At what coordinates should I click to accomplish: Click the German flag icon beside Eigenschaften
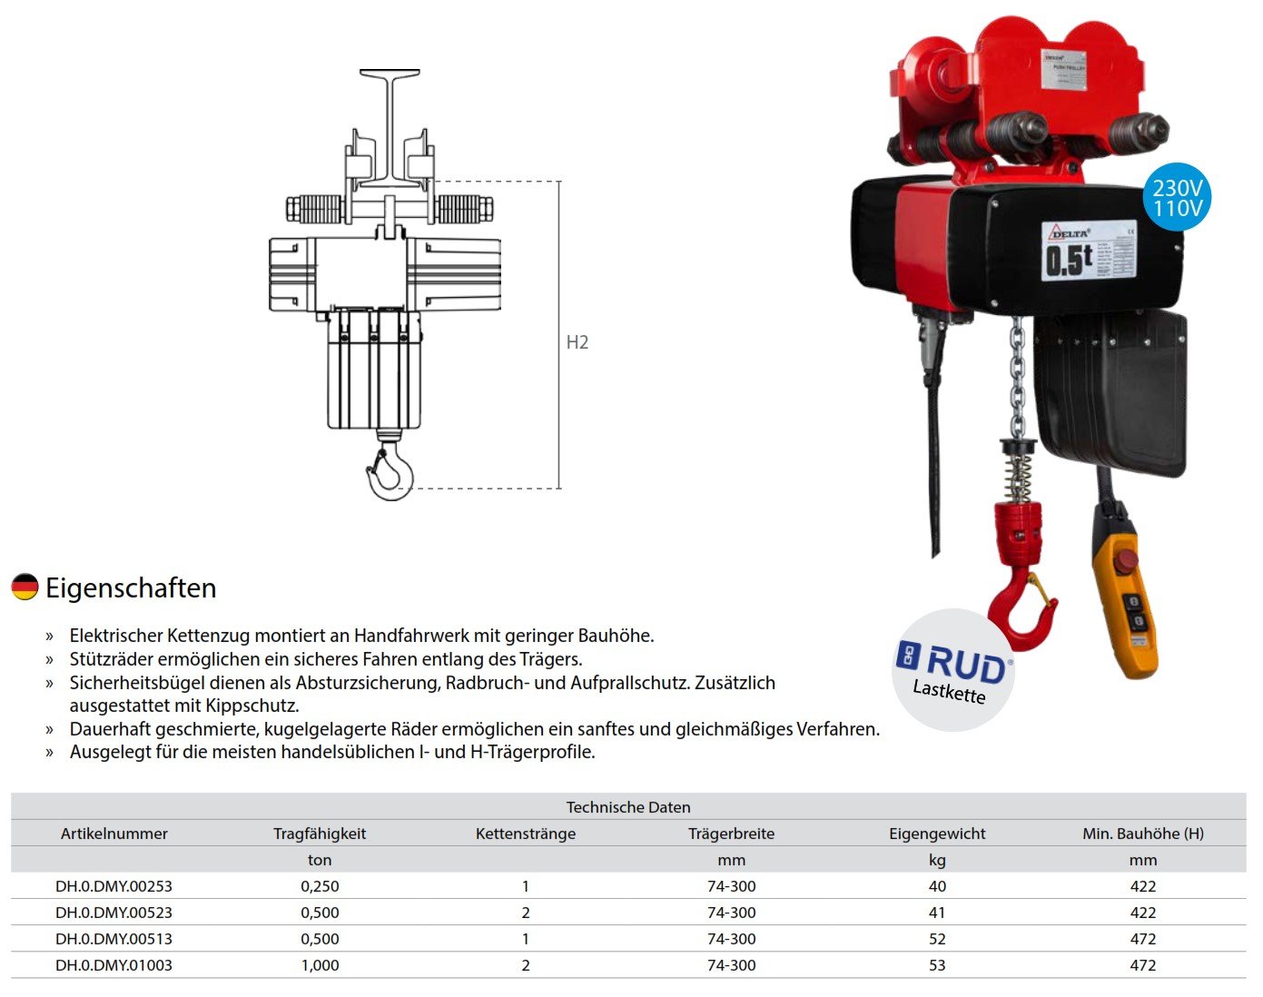point(25,587)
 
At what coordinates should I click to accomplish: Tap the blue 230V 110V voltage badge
point(1177,198)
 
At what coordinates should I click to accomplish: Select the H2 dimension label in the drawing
point(577,342)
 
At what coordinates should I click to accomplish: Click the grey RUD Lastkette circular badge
point(953,670)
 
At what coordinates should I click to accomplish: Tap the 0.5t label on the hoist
point(1069,260)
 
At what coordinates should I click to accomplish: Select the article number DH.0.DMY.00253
point(113,886)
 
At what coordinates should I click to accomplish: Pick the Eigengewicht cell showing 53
point(937,965)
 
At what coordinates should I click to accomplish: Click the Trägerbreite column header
point(731,834)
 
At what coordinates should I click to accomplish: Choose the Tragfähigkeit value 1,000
point(320,965)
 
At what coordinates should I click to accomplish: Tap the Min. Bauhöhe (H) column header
point(1142,834)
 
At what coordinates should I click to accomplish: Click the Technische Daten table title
point(628,807)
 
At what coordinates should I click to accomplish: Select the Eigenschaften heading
point(131,587)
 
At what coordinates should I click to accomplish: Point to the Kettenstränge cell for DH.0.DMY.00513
point(526,939)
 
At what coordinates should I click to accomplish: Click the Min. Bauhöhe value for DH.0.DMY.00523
point(1142,913)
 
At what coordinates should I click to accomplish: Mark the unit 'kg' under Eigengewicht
point(937,860)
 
